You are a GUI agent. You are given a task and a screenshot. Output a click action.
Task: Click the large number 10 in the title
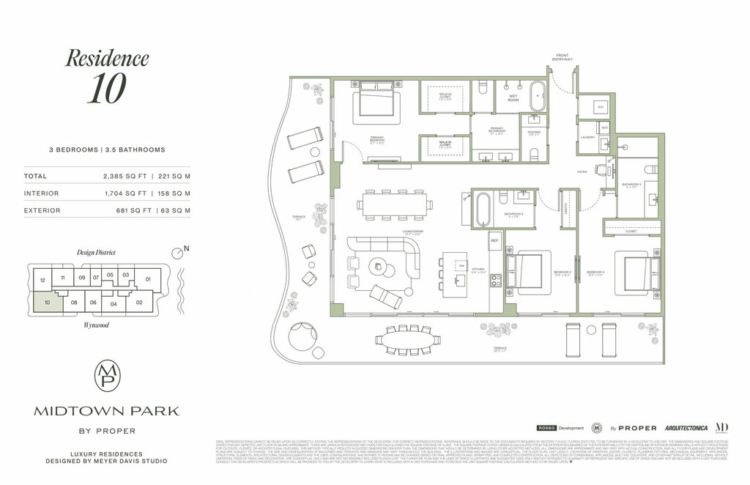106,89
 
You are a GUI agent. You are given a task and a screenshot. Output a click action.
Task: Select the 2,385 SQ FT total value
129,176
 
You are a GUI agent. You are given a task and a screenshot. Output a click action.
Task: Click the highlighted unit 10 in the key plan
47,300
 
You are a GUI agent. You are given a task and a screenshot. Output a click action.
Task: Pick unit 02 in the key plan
139,302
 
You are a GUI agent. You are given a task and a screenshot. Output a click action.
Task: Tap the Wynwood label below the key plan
96,325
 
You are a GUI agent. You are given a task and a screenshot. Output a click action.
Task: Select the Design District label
97,252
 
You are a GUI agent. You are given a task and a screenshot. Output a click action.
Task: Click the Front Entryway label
562,57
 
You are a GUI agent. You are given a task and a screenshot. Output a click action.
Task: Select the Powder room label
533,133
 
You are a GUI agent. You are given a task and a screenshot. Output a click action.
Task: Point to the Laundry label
587,136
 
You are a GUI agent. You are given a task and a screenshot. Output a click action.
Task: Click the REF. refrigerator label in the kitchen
494,240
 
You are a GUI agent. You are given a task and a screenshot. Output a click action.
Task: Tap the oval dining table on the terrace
408,339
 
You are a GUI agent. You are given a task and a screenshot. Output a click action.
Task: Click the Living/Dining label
415,232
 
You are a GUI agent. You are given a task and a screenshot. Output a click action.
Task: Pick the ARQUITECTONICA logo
686,427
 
